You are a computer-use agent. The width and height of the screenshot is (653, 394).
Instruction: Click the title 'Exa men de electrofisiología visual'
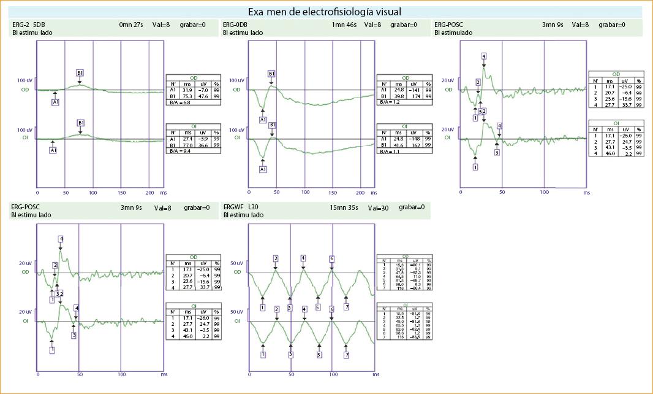325,12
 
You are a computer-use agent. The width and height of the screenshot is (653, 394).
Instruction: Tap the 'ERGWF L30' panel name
243,207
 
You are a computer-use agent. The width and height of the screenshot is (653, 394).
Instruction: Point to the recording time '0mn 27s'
132,25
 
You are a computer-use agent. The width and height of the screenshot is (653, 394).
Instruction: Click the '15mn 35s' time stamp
345,207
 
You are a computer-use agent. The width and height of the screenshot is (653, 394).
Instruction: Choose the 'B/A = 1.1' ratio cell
389,150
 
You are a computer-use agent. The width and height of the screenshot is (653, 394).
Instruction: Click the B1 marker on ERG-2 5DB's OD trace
80,73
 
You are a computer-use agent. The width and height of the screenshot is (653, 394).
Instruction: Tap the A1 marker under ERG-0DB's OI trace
263,169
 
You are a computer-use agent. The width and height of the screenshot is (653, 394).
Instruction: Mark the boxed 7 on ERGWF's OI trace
347,355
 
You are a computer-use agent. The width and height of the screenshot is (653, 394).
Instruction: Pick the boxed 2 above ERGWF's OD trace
276,258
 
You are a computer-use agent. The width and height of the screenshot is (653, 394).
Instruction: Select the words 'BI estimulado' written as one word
453,33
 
